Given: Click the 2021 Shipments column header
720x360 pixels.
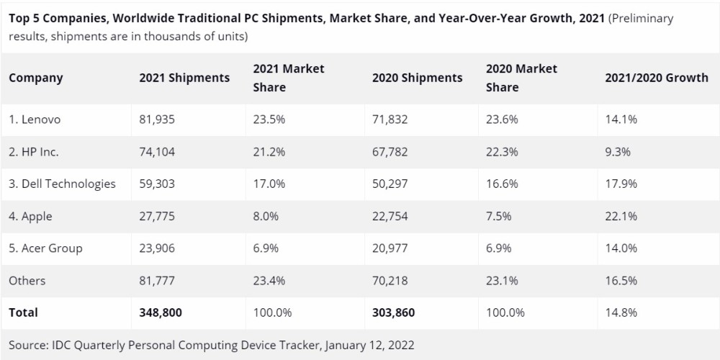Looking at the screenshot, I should tap(184, 78).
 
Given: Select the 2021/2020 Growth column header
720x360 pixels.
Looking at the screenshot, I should tap(657, 78).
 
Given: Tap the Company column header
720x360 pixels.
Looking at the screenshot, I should tap(36, 78).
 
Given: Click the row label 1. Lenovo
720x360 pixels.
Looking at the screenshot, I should tap(35, 120).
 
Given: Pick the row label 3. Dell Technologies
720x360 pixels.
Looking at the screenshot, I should tap(62, 184).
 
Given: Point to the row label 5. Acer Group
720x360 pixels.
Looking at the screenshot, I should tap(45, 248).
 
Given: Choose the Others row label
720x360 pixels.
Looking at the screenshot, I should tap(27, 280).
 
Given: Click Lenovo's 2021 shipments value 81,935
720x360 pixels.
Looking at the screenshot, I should tap(157, 120).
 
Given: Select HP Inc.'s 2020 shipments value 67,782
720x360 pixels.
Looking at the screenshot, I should tap(390, 152).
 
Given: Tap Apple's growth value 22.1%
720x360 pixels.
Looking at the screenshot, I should tap(621, 216).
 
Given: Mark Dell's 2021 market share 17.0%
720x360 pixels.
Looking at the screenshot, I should tap(269, 184).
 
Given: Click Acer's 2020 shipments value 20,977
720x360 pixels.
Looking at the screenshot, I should tap(390, 248).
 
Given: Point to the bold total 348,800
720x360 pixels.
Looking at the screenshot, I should tap(160, 312).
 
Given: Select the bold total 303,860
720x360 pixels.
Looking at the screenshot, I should tap(393, 312).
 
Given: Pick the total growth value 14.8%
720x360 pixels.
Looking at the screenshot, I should tap(621, 312).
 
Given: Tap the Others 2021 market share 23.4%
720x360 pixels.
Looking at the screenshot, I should tap(269, 280).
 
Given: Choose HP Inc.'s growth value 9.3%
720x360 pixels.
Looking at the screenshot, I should tap(618, 152).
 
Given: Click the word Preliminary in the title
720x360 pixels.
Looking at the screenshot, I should tap(642, 19).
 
